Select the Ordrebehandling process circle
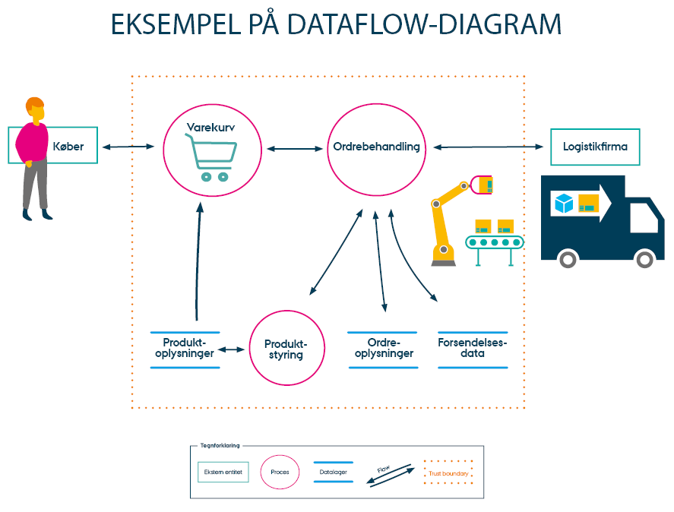tap(376, 147)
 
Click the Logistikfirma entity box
tap(595, 147)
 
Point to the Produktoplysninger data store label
tap(185, 349)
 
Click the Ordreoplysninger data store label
tap(383, 349)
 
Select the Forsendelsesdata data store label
tap(473, 349)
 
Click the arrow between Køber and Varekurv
tap(129, 146)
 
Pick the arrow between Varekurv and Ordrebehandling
tap(295, 148)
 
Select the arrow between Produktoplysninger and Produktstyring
tap(232, 350)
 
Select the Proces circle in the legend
tap(280, 472)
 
